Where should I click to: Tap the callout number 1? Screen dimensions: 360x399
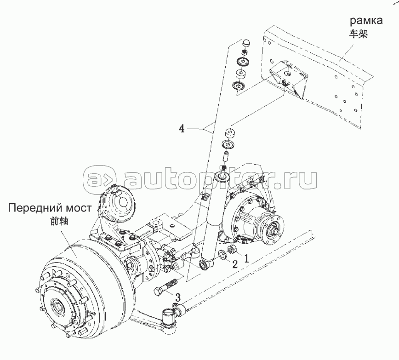tap(246, 258)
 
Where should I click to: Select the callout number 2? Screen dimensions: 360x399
tap(234, 264)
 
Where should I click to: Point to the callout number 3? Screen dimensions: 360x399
tap(177, 297)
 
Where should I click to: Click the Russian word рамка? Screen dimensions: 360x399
tap(367, 21)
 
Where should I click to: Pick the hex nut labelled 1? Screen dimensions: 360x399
tap(233, 250)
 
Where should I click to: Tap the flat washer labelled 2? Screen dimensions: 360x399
tap(222, 254)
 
